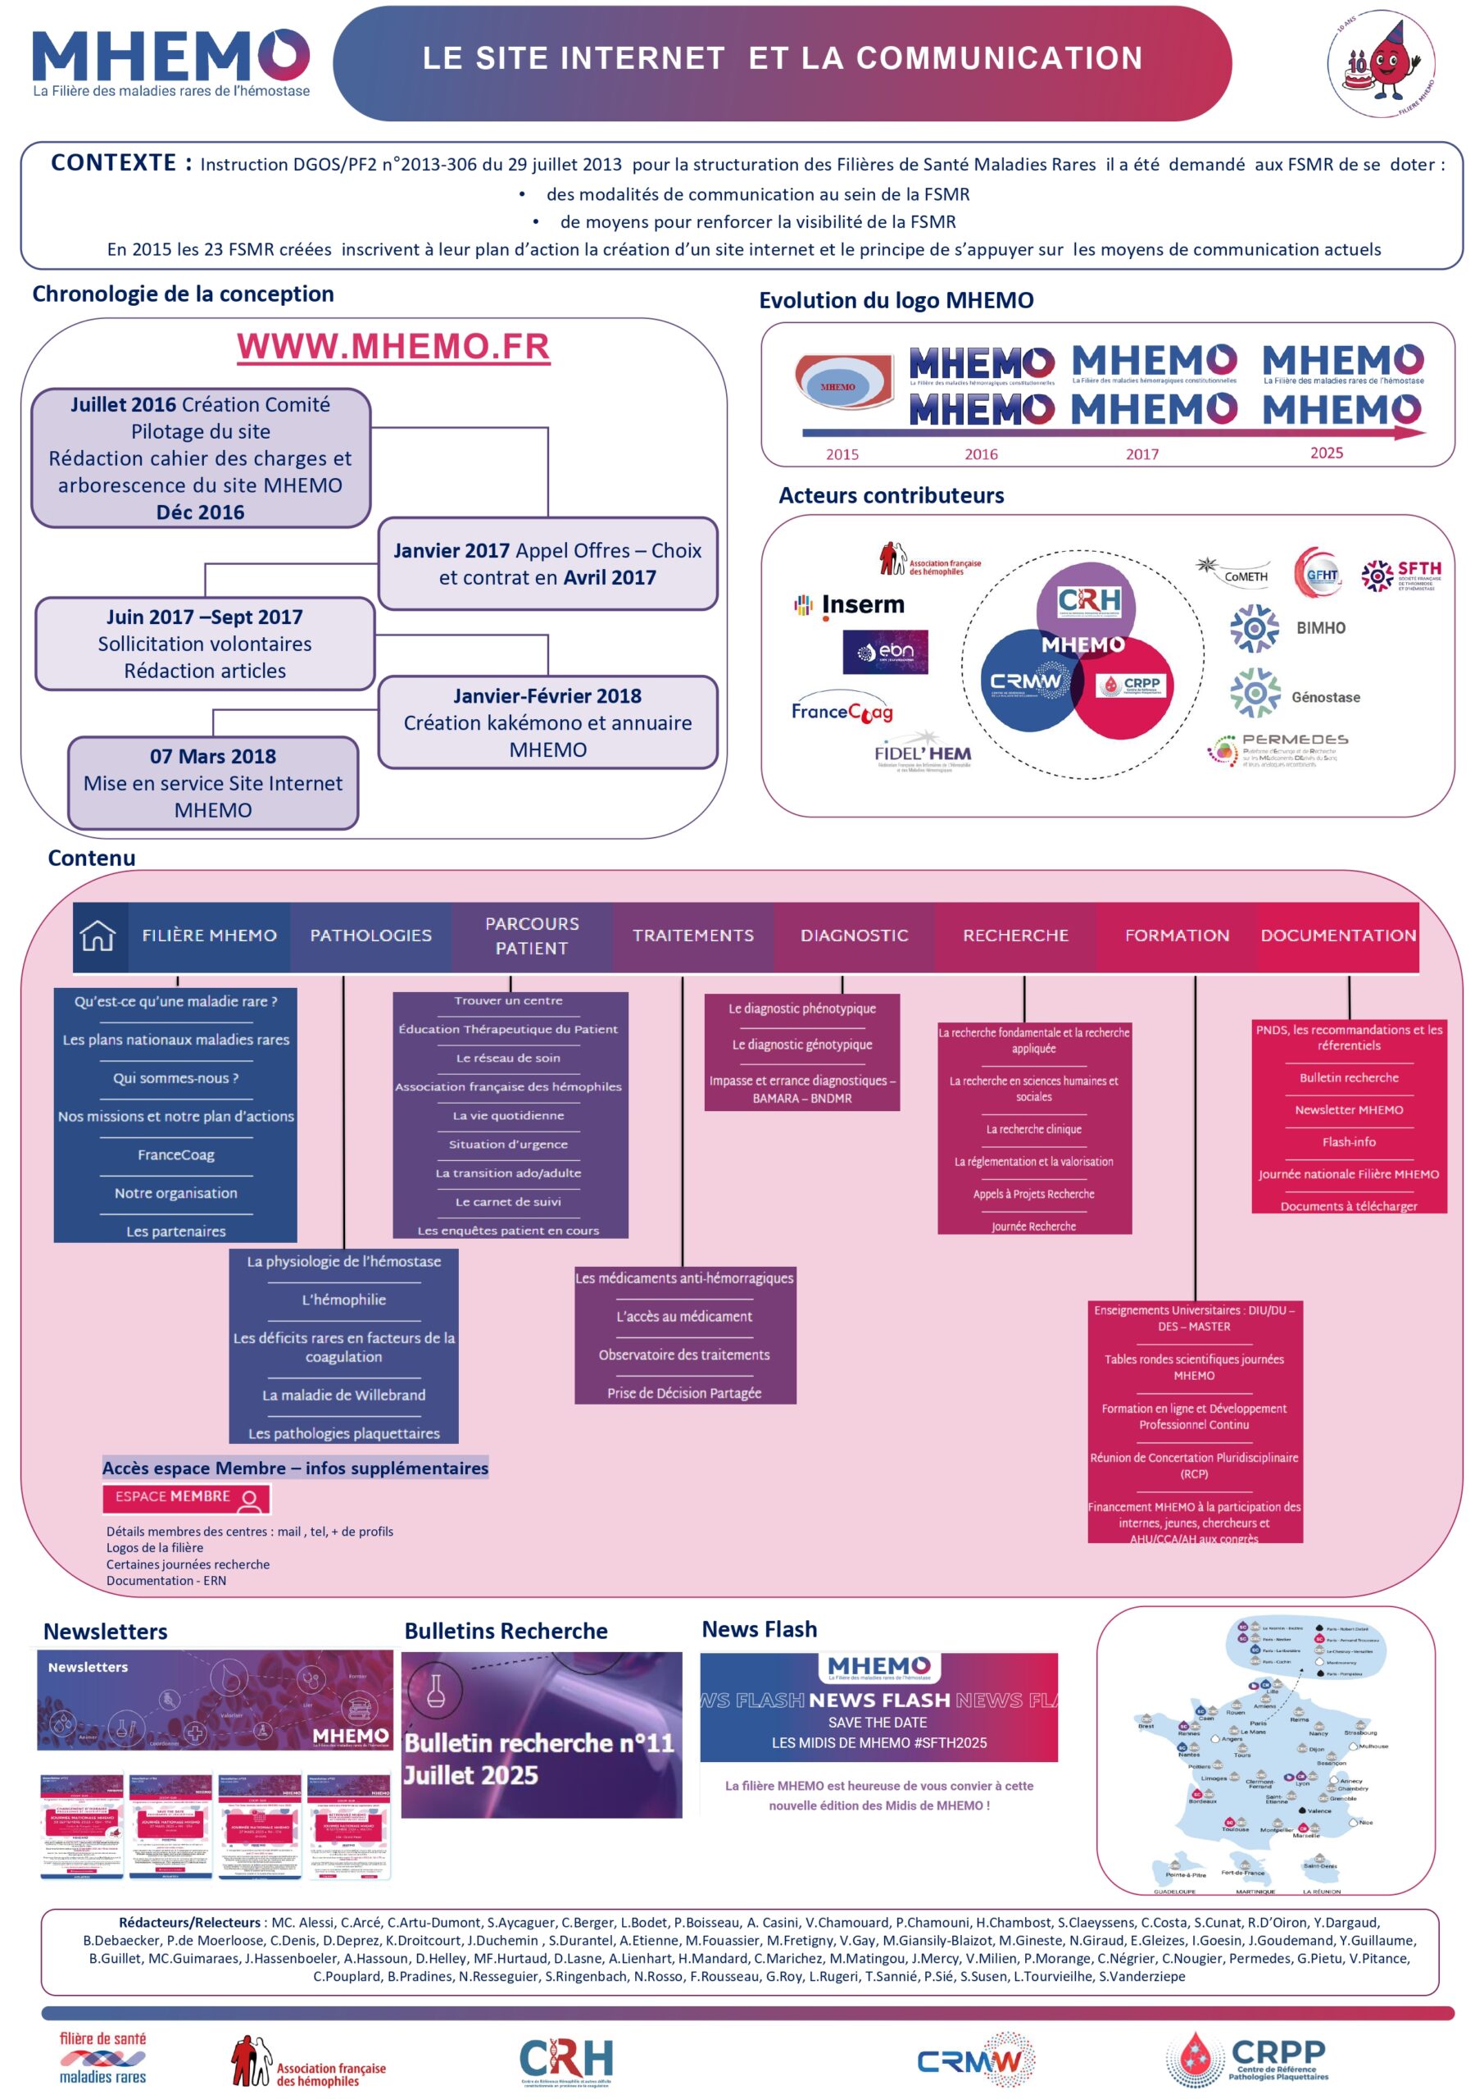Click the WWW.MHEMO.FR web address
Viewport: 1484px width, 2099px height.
(393, 347)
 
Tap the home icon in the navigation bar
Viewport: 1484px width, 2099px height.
(98, 936)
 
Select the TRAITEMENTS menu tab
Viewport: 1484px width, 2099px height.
(692, 936)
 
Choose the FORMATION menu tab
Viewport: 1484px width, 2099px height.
(1176, 936)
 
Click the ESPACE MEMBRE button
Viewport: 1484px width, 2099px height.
(186, 1497)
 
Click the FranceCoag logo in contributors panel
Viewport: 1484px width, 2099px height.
(842, 711)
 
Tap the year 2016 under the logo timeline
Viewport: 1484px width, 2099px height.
(981, 454)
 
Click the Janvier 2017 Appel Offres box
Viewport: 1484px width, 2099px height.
(547, 563)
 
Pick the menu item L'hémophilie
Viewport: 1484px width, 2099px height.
(343, 1299)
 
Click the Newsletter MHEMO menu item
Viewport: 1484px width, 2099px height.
(1348, 1110)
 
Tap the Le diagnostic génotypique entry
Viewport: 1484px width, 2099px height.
(801, 1044)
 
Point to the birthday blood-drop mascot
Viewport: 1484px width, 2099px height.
(1381, 63)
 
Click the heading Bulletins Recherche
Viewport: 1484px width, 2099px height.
(506, 1631)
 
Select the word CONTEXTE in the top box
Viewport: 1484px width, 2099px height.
(112, 162)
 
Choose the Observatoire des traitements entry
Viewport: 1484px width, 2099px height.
(683, 1355)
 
